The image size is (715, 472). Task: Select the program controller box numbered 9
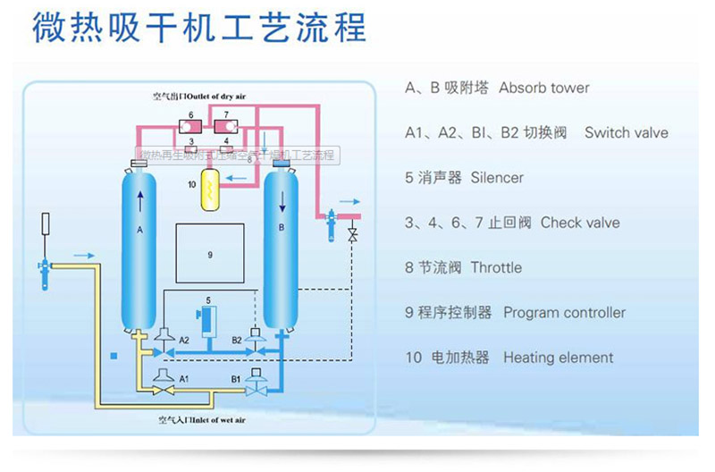tap(211, 255)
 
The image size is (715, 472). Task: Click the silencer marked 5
tap(207, 319)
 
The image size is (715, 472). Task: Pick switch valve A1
tap(164, 378)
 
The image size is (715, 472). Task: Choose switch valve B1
tap(257, 378)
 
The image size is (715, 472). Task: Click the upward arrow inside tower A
tap(141, 199)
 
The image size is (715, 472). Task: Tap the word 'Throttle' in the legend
tap(496, 268)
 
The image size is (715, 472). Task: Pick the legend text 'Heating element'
tap(559, 358)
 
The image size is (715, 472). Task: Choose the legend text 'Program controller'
tap(565, 313)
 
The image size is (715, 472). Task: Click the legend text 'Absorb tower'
tap(544, 88)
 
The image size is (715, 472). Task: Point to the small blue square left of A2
tap(114, 356)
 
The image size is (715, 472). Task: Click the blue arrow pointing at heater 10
tap(238, 177)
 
